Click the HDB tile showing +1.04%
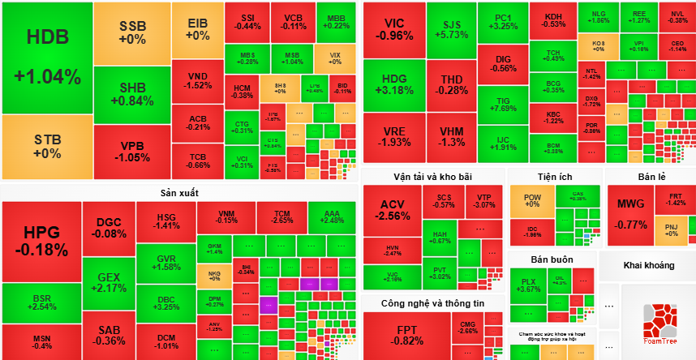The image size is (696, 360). [47, 57]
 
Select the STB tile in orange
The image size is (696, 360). [47, 146]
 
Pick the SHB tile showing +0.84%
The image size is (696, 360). [132, 94]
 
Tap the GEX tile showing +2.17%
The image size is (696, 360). [110, 282]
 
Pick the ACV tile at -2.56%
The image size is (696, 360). [393, 209]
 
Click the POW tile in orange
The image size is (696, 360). [532, 200]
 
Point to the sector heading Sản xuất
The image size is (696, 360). [179, 193]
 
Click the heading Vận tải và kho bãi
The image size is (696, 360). [432, 177]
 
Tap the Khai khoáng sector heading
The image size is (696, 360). [647, 265]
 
